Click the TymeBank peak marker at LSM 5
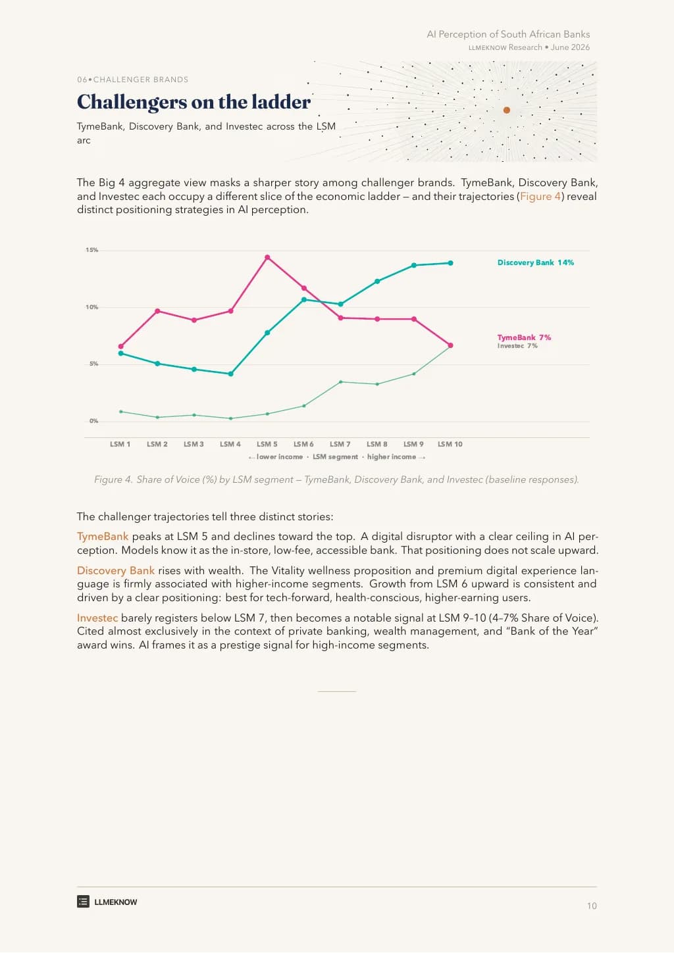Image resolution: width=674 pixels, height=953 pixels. coord(267,257)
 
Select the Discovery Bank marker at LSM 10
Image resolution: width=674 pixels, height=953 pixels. coord(450,263)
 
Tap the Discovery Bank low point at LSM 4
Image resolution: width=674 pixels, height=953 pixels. coord(231,374)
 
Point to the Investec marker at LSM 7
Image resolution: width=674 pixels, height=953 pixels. coord(340,382)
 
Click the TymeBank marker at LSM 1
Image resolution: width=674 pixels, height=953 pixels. coord(121,347)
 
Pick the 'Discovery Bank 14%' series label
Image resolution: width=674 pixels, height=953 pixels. coord(536,262)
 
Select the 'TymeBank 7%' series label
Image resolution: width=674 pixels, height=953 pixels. coord(524,337)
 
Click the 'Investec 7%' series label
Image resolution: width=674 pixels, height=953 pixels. coord(517,346)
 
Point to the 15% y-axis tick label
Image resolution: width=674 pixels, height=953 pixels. coord(92,250)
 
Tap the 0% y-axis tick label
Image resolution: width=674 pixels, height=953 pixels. coord(93,421)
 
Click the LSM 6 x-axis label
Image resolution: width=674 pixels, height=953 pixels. coord(303,444)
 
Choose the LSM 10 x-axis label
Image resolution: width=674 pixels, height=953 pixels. coord(450,444)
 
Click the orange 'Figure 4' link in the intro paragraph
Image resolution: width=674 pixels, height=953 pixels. coord(540,197)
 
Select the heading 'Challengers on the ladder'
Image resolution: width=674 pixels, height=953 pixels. coord(194,102)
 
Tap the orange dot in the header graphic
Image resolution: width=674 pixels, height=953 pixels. coord(507,110)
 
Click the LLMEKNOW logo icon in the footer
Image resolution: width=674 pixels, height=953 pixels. coord(83,902)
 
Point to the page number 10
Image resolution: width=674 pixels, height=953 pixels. coord(592,906)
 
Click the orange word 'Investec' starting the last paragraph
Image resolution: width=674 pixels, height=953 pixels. coord(97,618)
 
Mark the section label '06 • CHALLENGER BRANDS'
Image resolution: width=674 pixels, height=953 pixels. coord(132,80)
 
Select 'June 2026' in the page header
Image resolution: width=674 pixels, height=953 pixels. coord(570,47)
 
